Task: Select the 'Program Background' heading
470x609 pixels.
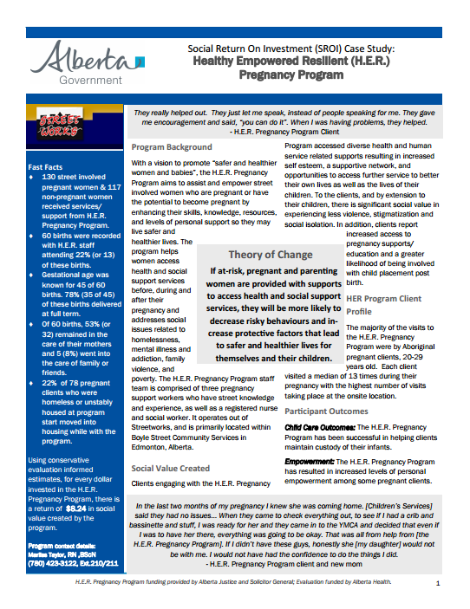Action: point(166,148)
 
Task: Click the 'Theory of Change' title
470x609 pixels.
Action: point(270,255)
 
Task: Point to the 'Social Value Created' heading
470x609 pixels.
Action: point(170,469)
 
